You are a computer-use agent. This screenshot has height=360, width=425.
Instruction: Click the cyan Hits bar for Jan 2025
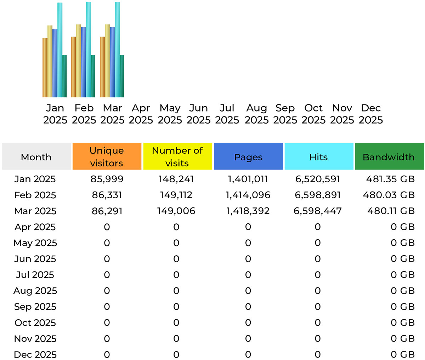(60, 50)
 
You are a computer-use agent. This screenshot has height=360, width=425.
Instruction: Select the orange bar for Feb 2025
(73, 67)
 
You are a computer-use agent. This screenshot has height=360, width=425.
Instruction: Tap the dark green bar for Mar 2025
(122, 76)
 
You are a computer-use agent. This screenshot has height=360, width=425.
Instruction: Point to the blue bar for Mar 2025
(112, 62)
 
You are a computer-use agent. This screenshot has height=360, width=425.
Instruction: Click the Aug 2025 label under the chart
(256, 114)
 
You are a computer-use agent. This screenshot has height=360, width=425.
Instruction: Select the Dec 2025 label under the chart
(370, 114)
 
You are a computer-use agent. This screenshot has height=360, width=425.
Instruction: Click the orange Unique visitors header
(107, 156)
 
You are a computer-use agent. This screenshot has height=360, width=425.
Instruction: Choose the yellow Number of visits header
(177, 156)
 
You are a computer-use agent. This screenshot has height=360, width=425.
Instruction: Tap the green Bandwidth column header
(389, 157)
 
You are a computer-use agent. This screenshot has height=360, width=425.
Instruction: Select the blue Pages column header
(248, 157)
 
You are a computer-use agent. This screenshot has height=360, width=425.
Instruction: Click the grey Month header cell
(36, 157)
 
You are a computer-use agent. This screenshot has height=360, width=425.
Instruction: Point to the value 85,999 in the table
(107, 179)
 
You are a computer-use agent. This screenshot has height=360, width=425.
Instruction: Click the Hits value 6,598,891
(318, 195)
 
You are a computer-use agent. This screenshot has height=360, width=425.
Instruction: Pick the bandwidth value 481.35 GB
(390, 179)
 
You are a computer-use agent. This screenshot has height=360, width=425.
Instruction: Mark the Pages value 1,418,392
(248, 211)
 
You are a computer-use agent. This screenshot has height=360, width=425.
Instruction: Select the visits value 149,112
(176, 195)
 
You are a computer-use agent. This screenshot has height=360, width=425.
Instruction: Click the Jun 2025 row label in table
(35, 259)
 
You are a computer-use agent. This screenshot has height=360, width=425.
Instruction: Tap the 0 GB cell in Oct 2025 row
(402, 322)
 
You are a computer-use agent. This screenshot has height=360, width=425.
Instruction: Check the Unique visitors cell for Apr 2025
(107, 227)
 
